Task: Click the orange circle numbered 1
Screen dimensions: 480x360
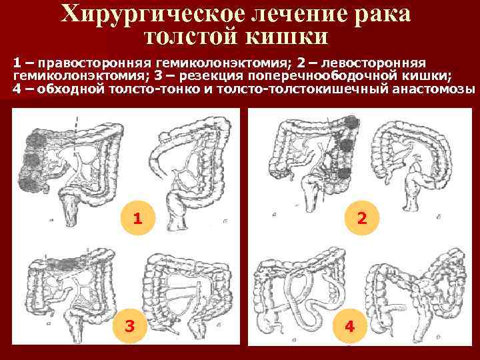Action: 138,218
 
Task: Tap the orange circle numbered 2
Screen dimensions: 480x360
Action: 362,218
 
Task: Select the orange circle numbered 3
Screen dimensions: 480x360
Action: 130,326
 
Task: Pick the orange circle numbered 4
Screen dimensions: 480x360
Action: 349,326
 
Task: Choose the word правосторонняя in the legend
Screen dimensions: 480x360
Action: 95,63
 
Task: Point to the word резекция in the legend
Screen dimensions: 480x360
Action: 211,76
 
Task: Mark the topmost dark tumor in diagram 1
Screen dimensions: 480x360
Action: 36,139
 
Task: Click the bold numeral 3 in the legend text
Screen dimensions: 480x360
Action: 158,76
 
